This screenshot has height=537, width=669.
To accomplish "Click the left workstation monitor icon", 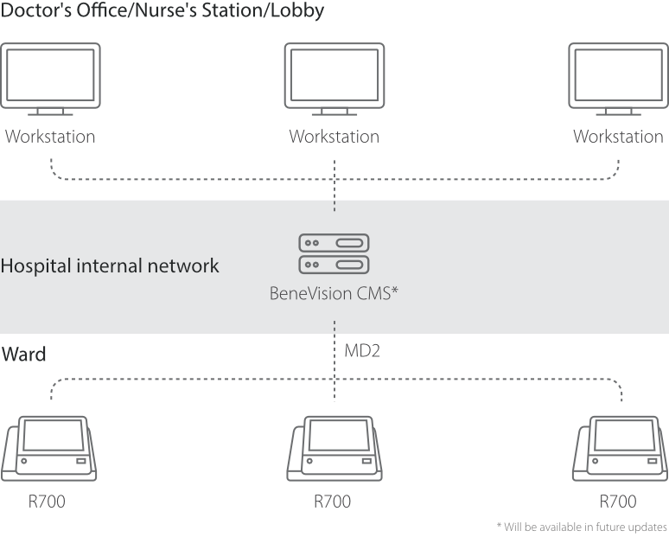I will coord(50,80).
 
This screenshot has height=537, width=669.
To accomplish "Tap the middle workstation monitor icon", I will coord(334,80).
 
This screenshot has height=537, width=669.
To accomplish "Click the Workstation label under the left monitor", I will coord(50,137).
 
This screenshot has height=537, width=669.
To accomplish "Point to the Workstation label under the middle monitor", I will coord(334,137).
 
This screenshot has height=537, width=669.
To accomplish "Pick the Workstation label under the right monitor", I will coord(618,137).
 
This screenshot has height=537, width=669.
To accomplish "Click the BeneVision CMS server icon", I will coord(334,253).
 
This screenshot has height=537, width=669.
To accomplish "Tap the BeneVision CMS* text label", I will coord(334,293).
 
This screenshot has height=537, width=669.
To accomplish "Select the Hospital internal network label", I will coord(110,265).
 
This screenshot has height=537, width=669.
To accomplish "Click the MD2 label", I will coord(363,352).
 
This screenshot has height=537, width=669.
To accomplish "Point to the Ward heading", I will coord(24,355).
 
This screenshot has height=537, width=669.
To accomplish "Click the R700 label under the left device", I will coord(46,502).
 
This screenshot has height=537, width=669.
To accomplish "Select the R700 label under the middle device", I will coord(333,502).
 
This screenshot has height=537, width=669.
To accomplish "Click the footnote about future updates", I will coord(582,526).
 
